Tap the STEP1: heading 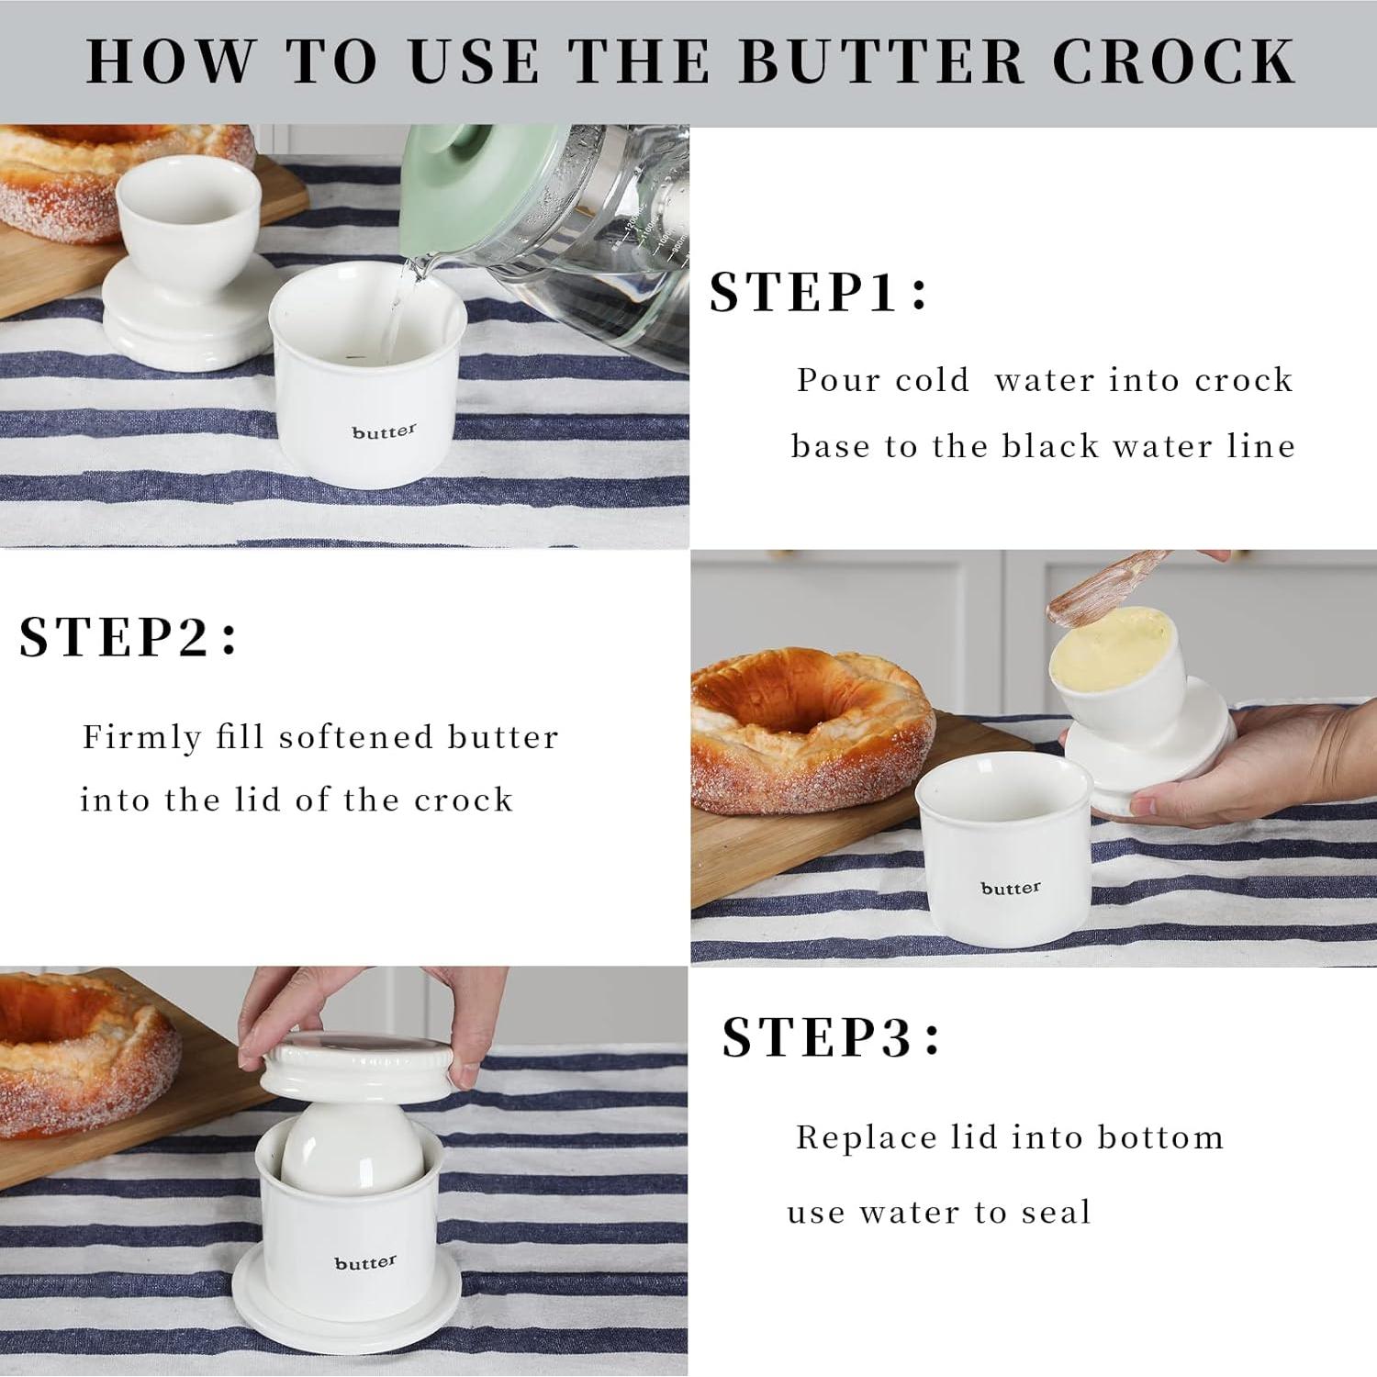[x=819, y=292]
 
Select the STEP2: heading [x=128, y=636]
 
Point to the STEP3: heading [x=832, y=1037]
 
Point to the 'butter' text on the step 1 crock [x=384, y=431]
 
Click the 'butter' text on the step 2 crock [x=1011, y=888]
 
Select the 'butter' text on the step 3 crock [x=365, y=1263]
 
